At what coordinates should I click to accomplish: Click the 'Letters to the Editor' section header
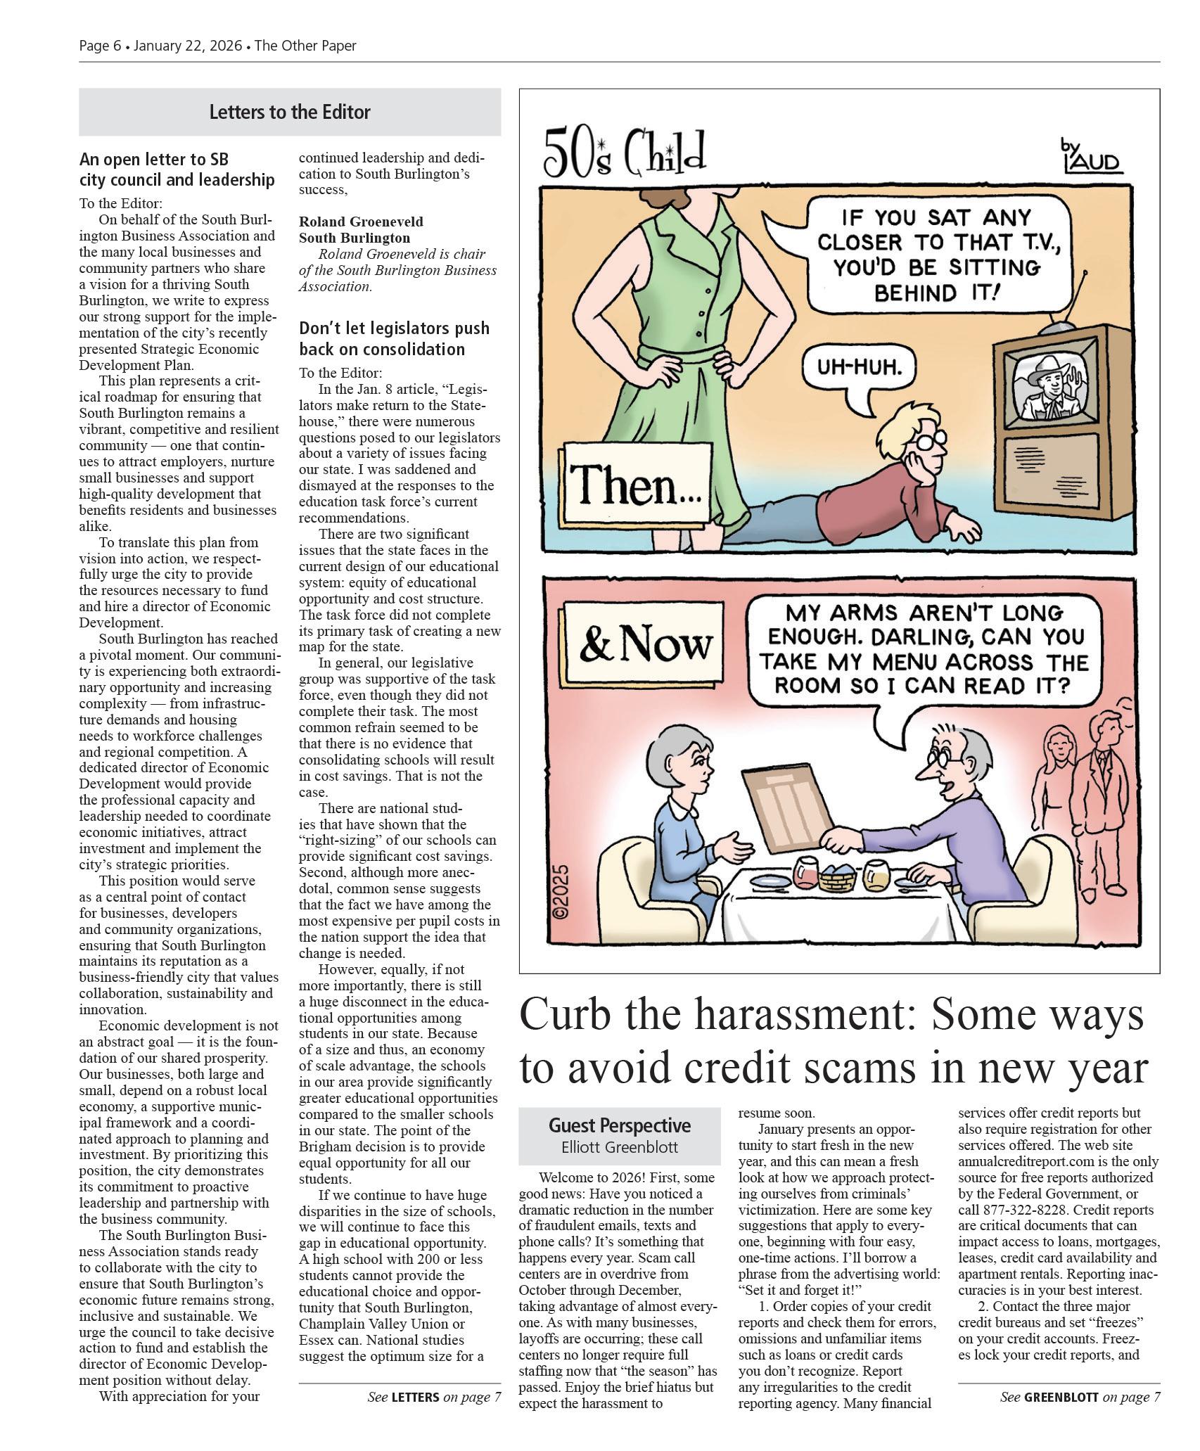click(x=289, y=112)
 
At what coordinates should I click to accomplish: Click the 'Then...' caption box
click(x=634, y=486)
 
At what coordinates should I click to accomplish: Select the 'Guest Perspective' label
click(x=619, y=1125)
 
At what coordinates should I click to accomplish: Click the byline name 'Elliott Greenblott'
click(x=619, y=1147)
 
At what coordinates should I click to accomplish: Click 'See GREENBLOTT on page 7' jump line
click(x=1080, y=1398)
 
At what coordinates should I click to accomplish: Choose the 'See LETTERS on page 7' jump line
click(x=434, y=1398)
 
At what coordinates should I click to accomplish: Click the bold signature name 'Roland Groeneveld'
click(x=361, y=222)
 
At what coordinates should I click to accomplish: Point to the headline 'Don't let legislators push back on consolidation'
click(x=394, y=339)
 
